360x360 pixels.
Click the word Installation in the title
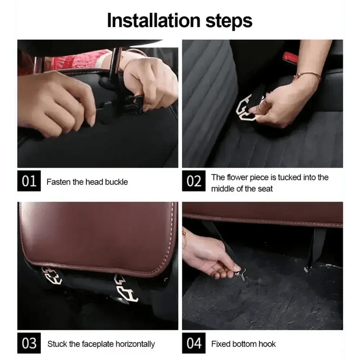[154, 21]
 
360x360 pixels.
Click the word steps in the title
[228, 21]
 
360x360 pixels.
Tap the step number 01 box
[29, 181]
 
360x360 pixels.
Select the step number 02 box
[194, 181]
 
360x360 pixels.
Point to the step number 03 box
[29, 343]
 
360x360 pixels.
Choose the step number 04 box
[194, 343]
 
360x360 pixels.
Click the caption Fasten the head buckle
[87, 182]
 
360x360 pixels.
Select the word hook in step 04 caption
[267, 344]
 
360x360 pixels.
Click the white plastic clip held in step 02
[245, 108]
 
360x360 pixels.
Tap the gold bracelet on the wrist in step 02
[308, 76]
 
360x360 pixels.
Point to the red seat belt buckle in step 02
[290, 58]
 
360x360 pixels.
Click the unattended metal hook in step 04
[307, 269]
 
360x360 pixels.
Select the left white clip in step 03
[52, 276]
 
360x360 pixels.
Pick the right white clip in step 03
[126, 288]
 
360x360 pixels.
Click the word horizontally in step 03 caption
[135, 344]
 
